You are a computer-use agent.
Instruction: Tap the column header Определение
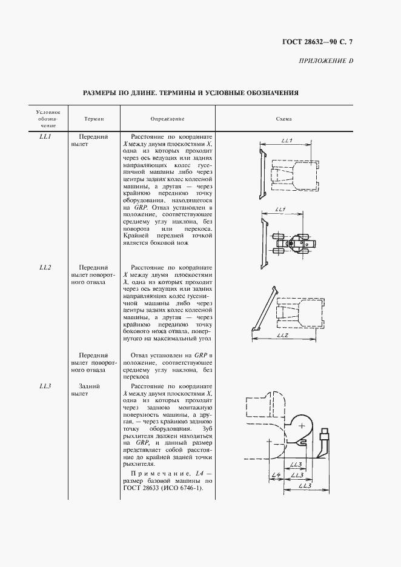point(167,119)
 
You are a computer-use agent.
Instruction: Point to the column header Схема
point(283,119)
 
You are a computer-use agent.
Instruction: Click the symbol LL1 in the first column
point(45,138)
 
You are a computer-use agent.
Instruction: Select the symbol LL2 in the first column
point(45,267)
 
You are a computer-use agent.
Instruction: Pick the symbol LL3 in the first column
point(45,386)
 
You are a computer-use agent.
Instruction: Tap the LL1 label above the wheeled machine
point(280,210)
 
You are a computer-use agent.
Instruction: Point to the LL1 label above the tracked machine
point(287,141)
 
